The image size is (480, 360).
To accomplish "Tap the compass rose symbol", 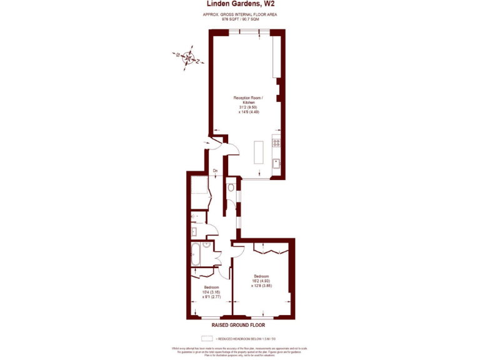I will [x=187, y=59].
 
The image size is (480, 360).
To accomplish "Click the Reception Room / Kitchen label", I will [x=248, y=100].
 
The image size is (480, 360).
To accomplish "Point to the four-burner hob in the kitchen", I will [x=276, y=143].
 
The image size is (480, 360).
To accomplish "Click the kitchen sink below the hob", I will [x=276, y=164].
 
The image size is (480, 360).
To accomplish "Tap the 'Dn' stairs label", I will [x=215, y=171].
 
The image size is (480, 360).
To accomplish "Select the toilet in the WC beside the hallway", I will [x=231, y=186].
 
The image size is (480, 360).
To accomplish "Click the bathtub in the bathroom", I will [x=196, y=254].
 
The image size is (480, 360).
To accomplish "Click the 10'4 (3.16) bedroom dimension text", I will [x=211, y=291].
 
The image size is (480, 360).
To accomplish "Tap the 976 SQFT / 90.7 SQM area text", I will [x=240, y=19].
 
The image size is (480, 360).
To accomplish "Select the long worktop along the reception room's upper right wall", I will [x=276, y=57].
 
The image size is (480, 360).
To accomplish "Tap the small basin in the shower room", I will [x=194, y=231].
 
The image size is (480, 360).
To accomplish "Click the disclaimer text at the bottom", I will [x=240, y=350].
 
